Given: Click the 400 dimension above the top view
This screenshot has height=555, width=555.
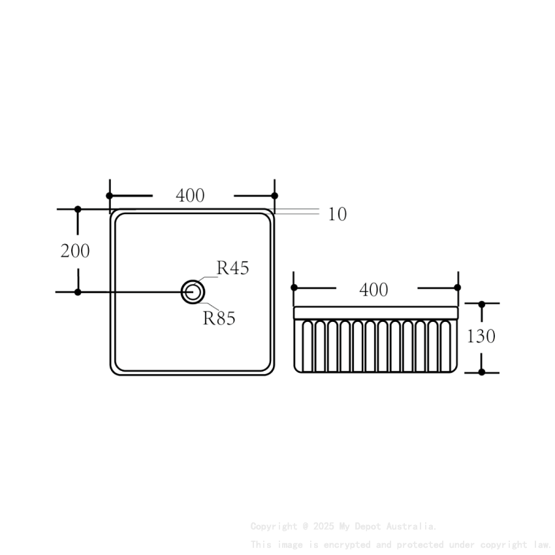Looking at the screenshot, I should coord(190,195).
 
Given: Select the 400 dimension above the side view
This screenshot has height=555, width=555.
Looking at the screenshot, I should coord(373,289).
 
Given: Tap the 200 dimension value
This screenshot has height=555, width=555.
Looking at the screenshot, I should coord(75,251).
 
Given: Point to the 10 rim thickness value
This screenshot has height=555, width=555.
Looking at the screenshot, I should coord(337,214).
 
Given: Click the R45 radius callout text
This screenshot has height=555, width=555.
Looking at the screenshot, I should coord(233,268).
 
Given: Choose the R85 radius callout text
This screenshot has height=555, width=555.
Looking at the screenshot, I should coord(219,319).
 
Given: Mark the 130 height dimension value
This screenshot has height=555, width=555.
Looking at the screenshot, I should coord(481,336).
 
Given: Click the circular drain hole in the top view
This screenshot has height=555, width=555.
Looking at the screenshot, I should coord(193,292).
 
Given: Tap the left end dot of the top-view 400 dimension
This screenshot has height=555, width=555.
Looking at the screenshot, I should coord(110,195).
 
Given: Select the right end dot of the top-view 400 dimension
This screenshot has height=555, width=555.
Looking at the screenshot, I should coord(274,195).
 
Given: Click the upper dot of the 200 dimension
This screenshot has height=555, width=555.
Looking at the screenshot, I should coord(78,209).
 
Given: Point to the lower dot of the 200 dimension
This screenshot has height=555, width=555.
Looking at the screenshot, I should coord(78,292).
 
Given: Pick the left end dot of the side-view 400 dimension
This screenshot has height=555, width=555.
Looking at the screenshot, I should coord(294,287).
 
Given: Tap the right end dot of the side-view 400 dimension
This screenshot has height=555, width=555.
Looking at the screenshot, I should coord(457,287).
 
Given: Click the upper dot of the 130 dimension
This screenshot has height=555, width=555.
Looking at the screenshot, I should coord(482,304).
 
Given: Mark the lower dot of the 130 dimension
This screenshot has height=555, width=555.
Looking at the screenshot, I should coord(482,372).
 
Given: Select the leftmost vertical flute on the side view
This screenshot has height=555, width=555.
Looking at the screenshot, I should coord(301,346).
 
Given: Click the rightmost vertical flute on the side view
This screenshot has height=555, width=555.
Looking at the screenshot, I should coord(450,346).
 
